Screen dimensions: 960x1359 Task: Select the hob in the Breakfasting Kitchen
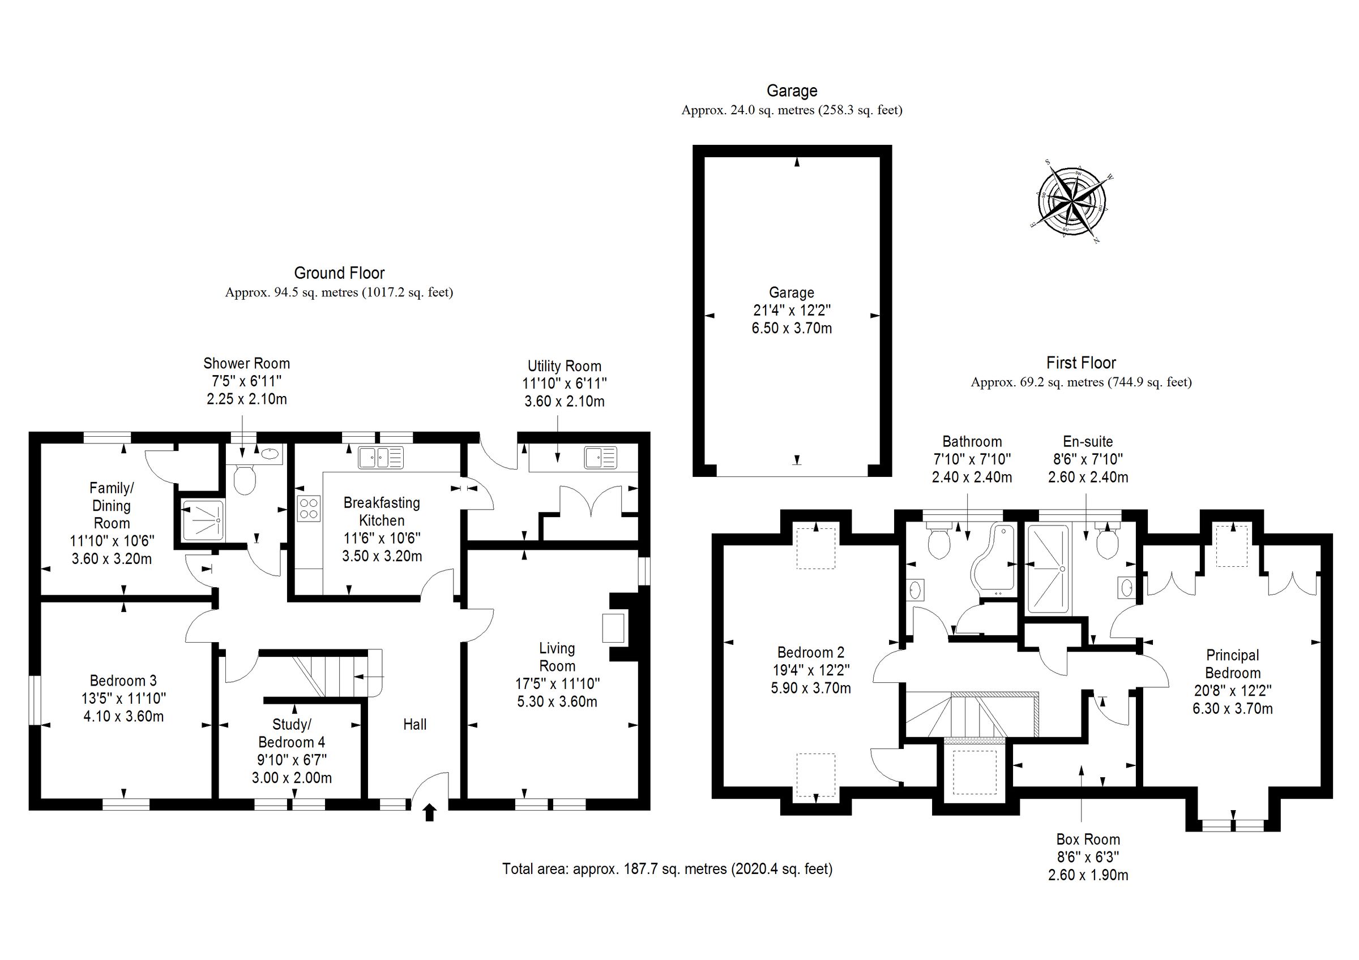click(309, 508)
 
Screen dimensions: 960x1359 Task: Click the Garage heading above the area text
click(792, 91)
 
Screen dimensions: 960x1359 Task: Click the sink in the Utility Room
click(600, 458)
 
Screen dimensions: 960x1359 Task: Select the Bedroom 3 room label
click(123, 680)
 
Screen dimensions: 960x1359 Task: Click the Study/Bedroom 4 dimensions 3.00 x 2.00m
click(292, 777)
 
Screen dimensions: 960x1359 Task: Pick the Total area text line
click(667, 868)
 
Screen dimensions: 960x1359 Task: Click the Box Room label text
click(1088, 839)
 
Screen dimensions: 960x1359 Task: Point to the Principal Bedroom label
click(1232, 664)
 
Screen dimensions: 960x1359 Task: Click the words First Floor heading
click(1081, 363)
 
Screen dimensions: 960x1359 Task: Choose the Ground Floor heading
click(339, 273)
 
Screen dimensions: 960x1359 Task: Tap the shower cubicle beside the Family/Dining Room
click(202, 520)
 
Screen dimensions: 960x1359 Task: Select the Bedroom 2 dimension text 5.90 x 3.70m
click(810, 688)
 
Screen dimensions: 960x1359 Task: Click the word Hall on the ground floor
click(414, 724)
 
